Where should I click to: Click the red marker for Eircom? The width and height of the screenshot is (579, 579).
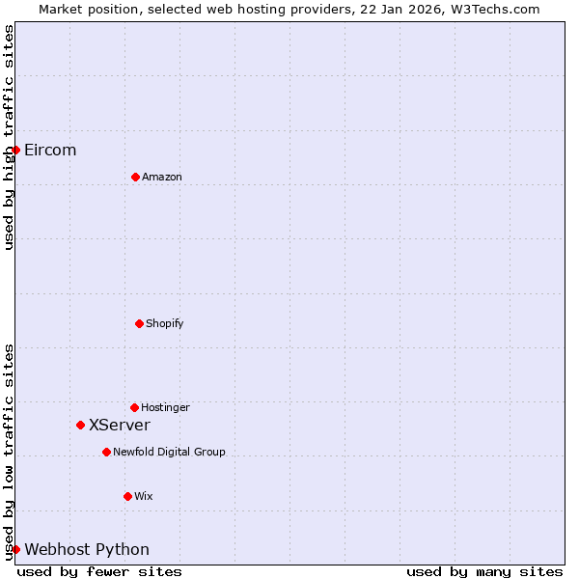tap(15, 150)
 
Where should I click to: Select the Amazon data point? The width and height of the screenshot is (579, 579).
tap(135, 177)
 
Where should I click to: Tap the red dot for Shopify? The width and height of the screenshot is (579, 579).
tap(139, 323)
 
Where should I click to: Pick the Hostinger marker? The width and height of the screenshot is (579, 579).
tap(134, 407)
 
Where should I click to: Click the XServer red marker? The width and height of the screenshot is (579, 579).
tap(80, 425)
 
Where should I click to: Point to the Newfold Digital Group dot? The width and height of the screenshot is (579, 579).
tap(106, 452)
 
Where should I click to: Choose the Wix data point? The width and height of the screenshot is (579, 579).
tap(127, 496)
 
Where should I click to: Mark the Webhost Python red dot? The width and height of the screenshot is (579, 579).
tap(15, 549)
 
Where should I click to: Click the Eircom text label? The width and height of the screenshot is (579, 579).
tap(50, 150)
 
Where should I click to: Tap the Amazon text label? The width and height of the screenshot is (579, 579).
tap(162, 177)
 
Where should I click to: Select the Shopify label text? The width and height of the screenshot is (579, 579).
tap(165, 323)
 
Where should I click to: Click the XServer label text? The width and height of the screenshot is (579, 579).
tap(120, 425)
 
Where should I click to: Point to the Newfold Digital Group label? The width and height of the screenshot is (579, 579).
tap(169, 452)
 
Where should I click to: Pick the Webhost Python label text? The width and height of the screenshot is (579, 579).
tap(87, 549)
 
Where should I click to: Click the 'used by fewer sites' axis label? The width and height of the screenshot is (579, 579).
tap(99, 571)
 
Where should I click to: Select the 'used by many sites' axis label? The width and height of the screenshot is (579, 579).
tap(484, 571)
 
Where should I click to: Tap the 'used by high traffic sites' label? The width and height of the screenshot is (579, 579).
tap(9, 137)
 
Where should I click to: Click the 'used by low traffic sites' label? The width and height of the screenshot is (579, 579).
tap(9, 452)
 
